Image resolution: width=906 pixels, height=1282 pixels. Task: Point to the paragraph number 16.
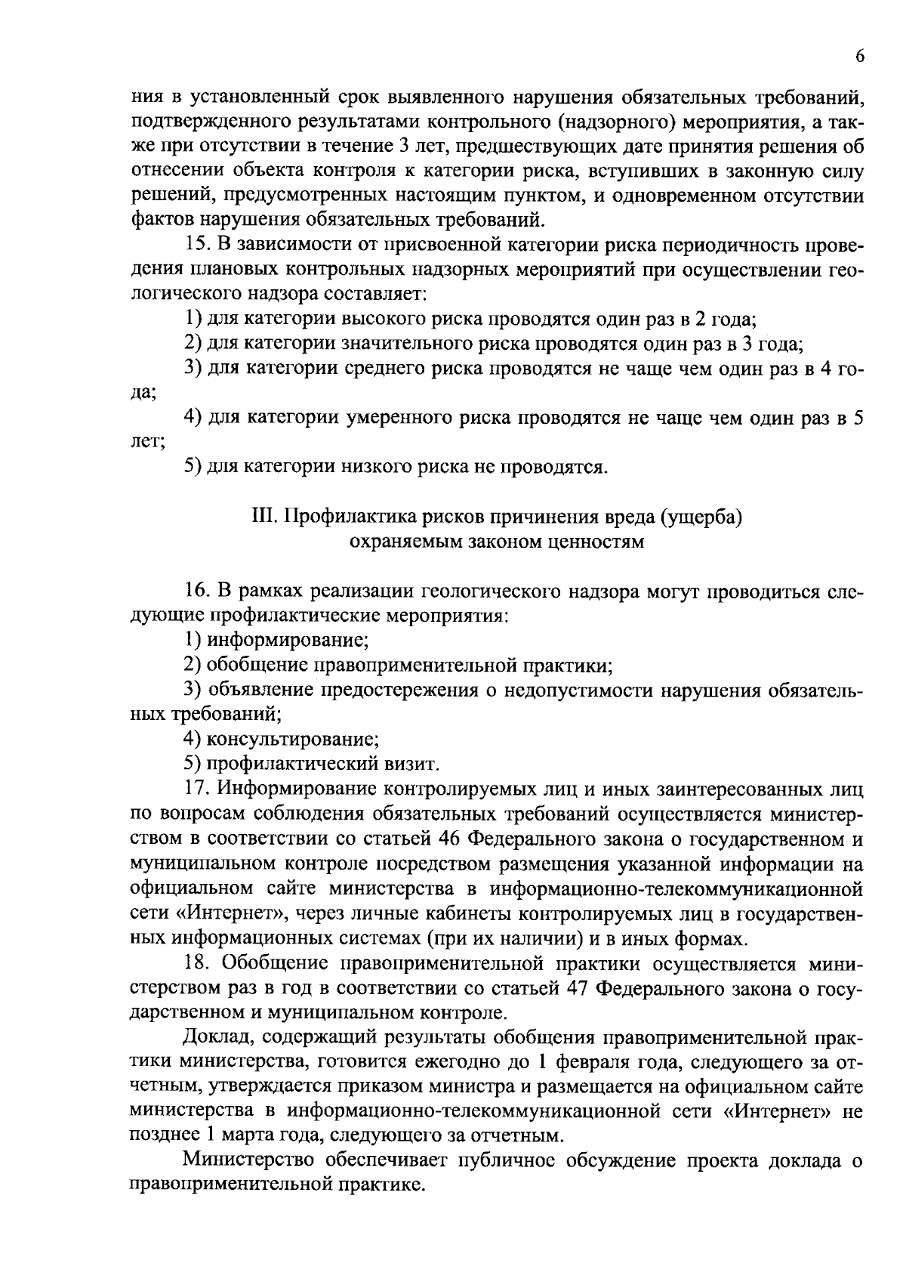click(198, 591)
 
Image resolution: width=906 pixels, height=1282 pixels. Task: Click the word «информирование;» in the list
click(288, 641)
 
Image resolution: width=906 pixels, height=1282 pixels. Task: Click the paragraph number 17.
click(198, 789)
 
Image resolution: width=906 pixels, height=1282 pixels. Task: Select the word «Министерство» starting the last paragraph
click(249, 1160)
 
